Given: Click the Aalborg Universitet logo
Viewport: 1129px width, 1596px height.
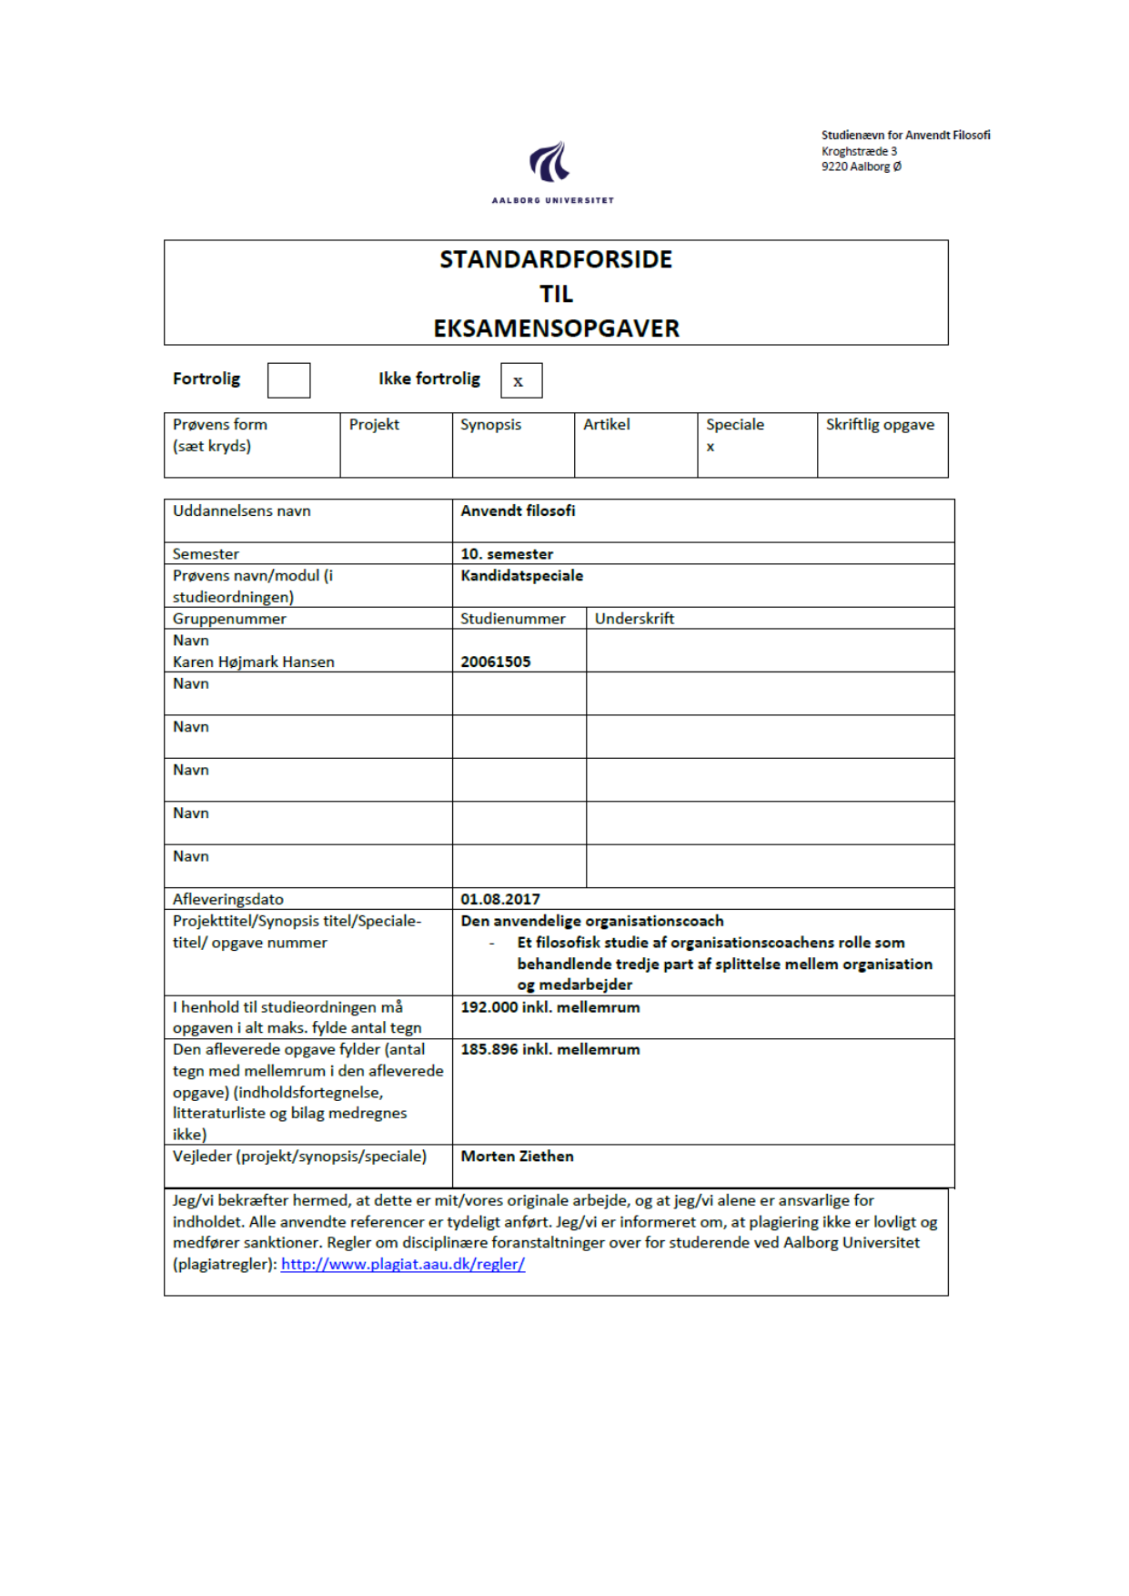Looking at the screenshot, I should [x=552, y=171].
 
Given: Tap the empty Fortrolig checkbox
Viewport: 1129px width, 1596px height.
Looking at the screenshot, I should [x=288, y=380].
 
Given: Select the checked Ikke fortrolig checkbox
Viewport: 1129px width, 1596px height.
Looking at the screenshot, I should [x=520, y=380].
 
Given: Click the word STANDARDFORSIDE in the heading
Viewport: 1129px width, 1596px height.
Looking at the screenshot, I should [x=556, y=260].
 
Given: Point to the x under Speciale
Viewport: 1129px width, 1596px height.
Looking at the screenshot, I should [x=711, y=447].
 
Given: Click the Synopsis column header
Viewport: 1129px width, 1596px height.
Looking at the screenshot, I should [x=490, y=425].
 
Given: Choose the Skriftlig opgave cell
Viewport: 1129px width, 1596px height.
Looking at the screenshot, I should [x=880, y=425].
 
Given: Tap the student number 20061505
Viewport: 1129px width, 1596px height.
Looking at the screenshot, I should [x=495, y=662].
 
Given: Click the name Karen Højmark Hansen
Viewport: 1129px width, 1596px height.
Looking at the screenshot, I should [x=254, y=662].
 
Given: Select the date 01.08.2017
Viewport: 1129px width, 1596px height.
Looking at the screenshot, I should [x=500, y=899].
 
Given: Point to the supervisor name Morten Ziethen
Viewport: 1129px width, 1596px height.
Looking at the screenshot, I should [x=517, y=1157].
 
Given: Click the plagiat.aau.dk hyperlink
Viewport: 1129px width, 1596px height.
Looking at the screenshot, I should [x=402, y=1264].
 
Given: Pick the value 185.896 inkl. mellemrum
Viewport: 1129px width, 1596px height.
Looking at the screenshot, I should [x=549, y=1050].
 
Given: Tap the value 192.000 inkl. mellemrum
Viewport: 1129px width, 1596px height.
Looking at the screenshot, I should [x=549, y=1007].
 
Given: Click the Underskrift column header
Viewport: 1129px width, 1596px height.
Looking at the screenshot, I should [x=634, y=619].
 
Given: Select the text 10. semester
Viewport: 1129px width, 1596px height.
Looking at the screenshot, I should [x=507, y=554].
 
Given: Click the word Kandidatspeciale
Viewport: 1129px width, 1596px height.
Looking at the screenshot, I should [x=521, y=576].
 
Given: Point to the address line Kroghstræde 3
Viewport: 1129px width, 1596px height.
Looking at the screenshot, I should [x=859, y=151].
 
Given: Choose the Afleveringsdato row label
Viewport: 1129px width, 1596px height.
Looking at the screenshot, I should [x=228, y=899].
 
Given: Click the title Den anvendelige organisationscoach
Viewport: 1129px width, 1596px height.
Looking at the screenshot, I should [x=592, y=921].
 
